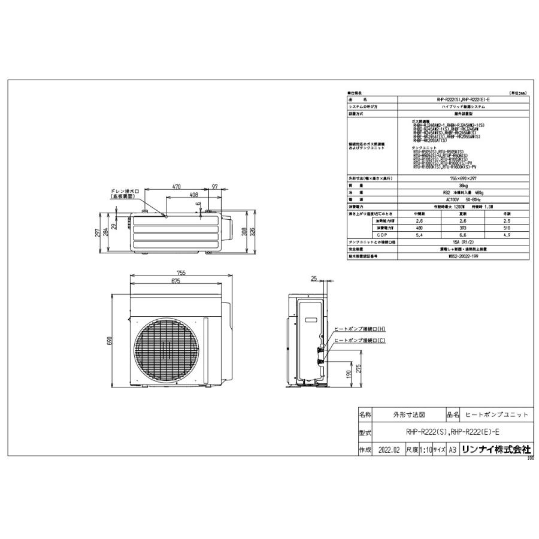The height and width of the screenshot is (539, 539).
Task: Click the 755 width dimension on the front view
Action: (x=181, y=273)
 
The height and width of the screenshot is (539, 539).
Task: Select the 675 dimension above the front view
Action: (x=176, y=281)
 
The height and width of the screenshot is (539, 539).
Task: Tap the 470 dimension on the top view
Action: (x=177, y=187)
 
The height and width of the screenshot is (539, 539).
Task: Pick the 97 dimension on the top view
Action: (x=214, y=187)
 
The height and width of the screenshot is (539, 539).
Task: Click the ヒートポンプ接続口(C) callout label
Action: (x=360, y=340)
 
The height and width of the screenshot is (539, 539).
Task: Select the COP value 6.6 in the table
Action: (x=463, y=235)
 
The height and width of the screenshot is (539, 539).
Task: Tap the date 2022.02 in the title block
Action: (x=389, y=450)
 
